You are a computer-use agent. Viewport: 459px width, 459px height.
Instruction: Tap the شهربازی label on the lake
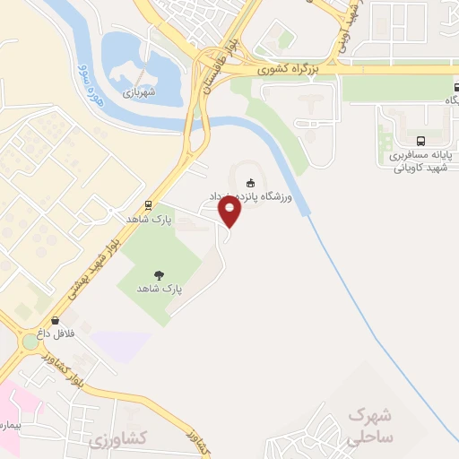pos(140,91)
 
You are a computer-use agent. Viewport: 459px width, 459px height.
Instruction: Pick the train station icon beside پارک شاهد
pos(148,204)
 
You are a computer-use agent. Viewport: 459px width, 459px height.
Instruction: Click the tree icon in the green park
pos(160,275)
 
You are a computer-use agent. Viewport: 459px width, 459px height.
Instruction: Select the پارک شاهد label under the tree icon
pos(160,290)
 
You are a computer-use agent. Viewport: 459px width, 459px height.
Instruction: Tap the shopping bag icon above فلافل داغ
pos(57,319)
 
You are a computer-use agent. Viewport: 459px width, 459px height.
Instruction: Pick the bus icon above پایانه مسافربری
pos(420,141)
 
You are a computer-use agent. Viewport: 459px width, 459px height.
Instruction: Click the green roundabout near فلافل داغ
pos(30,341)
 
